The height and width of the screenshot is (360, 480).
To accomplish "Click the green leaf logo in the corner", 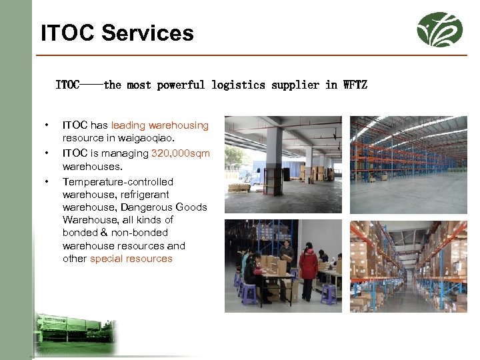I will [439, 29].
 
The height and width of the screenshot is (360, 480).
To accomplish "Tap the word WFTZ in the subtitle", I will [355, 85].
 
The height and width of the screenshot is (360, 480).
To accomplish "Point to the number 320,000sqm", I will [181, 153].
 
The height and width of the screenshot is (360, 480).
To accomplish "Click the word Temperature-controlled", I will [118, 182].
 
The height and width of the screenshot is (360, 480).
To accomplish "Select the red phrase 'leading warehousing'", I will [160, 125].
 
